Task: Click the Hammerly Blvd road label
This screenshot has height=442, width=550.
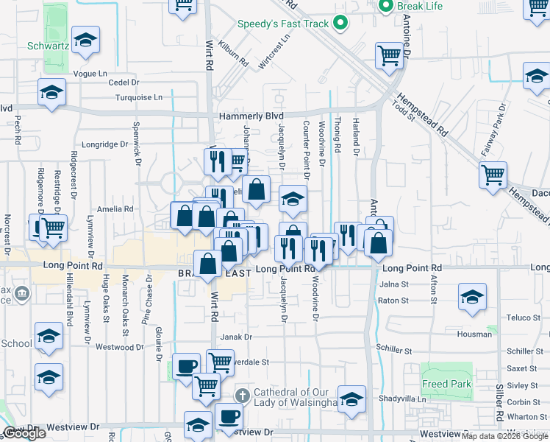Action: click(x=251, y=116)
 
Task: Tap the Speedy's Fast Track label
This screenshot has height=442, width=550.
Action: click(x=282, y=24)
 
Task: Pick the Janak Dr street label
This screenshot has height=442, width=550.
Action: click(x=236, y=337)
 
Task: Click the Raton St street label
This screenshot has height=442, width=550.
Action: click(x=393, y=301)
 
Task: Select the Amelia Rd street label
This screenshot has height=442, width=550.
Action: click(x=117, y=209)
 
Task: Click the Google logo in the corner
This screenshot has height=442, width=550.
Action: click(x=25, y=433)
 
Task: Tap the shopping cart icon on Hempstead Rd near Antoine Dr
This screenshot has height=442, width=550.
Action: click(x=388, y=55)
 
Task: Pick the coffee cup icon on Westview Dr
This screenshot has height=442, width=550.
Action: click(x=228, y=416)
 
